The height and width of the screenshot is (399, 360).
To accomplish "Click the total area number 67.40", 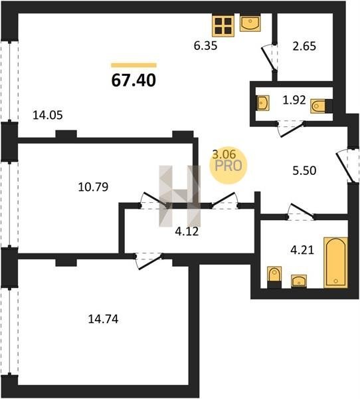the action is [x=134, y=80].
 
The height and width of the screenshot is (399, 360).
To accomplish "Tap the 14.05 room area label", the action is [x=48, y=115].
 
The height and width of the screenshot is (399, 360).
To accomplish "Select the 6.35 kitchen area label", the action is [x=205, y=46].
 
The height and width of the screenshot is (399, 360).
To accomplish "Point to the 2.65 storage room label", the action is [x=304, y=47].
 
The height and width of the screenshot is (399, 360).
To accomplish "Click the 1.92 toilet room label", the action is [x=294, y=100].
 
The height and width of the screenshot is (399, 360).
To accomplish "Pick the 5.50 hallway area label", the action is [x=305, y=171].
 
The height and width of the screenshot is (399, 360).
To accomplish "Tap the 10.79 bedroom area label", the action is [x=93, y=187].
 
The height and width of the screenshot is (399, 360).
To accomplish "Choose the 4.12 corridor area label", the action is [x=187, y=231].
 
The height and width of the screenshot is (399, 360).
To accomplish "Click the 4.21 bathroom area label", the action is [x=302, y=251].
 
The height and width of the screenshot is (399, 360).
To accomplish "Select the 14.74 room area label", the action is [x=103, y=319].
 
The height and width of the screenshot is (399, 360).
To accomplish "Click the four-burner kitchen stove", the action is [x=223, y=26].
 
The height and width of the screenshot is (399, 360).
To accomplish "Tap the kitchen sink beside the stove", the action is [x=250, y=24].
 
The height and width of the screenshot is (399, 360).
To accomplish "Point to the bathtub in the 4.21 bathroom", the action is [x=335, y=263].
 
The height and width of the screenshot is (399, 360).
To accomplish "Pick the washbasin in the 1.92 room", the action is [x=263, y=103].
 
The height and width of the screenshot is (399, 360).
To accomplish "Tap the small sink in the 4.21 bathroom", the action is [x=299, y=281].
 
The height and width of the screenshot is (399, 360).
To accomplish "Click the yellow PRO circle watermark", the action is [x=228, y=166].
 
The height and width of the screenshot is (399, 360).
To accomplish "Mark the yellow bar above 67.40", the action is [x=134, y=65].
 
